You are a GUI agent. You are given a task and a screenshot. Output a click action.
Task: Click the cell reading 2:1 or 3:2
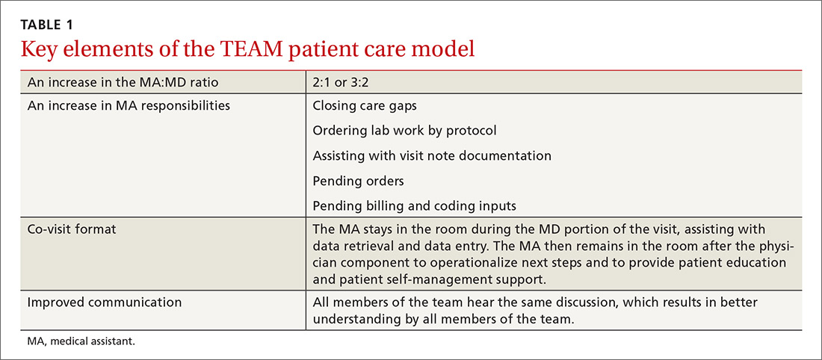click(x=343, y=84)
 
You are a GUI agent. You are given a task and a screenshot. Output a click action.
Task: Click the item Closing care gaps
click(x=365, y=105)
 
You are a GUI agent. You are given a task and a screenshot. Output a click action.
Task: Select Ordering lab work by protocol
click(x=404, y=131)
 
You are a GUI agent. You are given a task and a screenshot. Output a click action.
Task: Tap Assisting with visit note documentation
click(x=432, y=155)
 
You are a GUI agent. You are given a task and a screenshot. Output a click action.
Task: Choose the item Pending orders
click(x=359, y=181)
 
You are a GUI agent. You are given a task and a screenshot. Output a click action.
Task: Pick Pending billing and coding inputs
click(x=414, y=206)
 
